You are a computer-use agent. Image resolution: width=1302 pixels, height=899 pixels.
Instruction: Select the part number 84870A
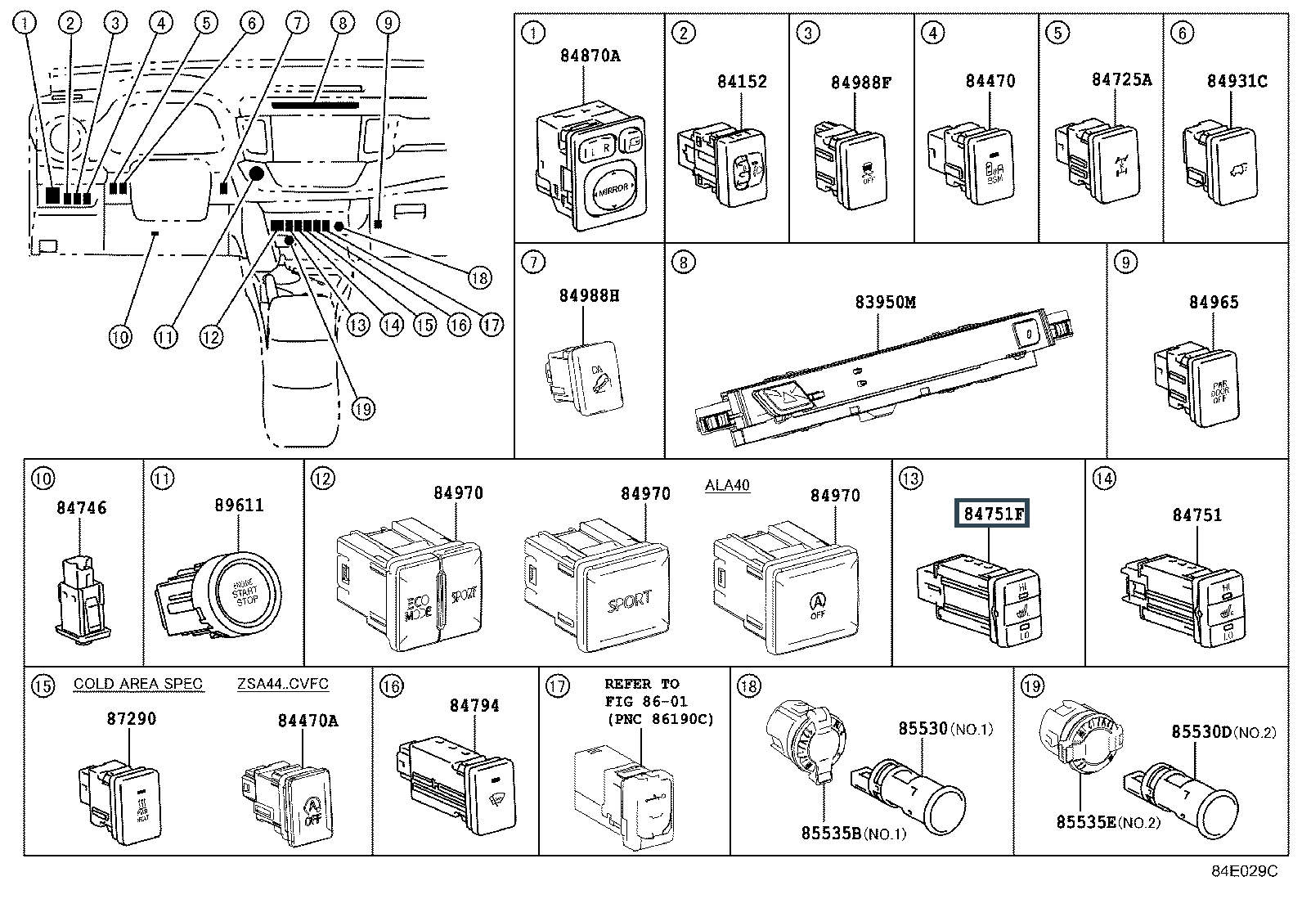pyautogui.click(x=590, y=56)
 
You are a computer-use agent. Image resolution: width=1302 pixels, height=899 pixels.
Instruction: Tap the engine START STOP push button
pyautogui.click(x=247, y=591)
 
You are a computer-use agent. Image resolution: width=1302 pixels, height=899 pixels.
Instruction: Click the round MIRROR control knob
pyautogui.click(x=613, y=190)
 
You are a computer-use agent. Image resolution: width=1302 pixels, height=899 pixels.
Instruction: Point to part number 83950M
pyautogui.click(x=885, y=302)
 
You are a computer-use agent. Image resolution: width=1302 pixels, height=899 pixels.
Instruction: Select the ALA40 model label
pyautogui.click(x=727, y=485)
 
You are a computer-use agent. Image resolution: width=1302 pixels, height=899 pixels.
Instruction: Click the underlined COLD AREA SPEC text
pyautogui.click(x=138, y=684)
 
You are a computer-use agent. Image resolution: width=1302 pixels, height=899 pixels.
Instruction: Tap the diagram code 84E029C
pyautogui.click(x=1244, y=872)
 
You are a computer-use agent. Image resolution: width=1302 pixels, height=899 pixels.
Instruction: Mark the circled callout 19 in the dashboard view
pyautogui.click(x=363, y=407)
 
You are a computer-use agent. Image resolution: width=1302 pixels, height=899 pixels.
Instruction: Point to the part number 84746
pyautogui.click(x=81, y=507)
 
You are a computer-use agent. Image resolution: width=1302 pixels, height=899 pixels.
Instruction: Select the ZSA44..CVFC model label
pyautogui.click(x=283, y=684)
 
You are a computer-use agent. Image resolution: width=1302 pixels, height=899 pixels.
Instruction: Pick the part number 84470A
pyautogui.click(x=308, y=720)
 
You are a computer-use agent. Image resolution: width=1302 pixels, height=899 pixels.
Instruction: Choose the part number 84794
pyautogui.click(x=474, y=705)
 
